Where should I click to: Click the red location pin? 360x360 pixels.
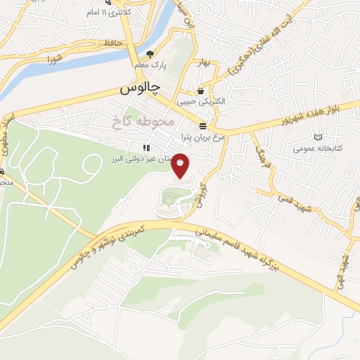181,165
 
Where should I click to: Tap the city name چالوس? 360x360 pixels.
140,89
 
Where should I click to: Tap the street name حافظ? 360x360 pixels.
113,43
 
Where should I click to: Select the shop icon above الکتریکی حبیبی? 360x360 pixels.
202,91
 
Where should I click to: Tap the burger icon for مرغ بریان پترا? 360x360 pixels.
202,126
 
